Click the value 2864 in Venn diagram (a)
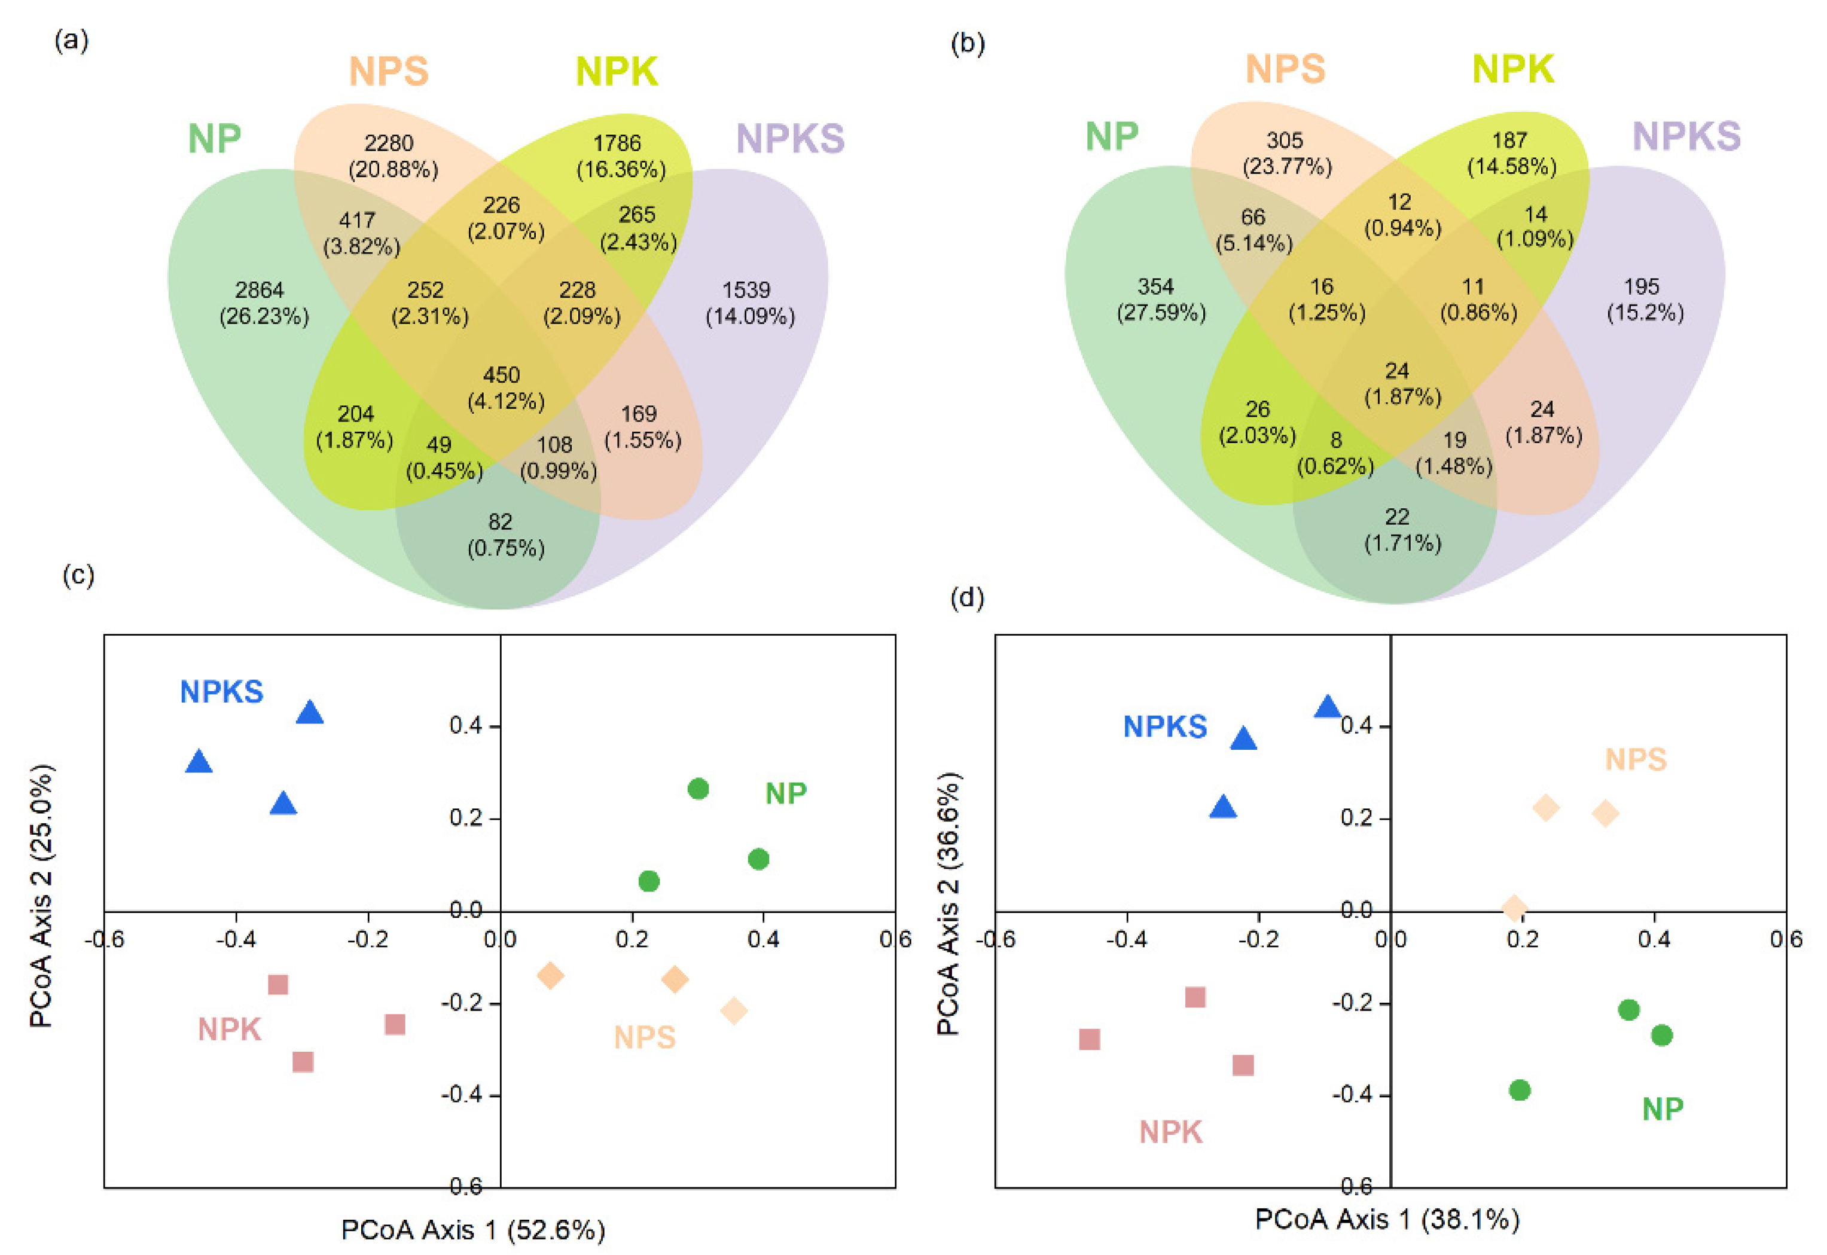tap(260, 290)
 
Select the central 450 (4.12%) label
tap(504, 387)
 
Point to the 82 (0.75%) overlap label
tap(504, 534)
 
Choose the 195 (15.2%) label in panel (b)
tap(1644, 300)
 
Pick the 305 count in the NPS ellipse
tap(1285, 141)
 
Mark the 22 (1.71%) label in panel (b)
tap(1401, 530)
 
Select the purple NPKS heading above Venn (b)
tap(1686, 136)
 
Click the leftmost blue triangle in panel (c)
tap(199, 762)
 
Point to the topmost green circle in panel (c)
tap(698, 789)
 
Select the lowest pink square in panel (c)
tap(303, 1061)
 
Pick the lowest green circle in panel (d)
tap(1520, 1090)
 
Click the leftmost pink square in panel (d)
tap(1089, 1039)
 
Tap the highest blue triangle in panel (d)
tap(1328, 707)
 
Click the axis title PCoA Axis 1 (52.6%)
tap(472, 1230)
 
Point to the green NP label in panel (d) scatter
tap(1663, 1109)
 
